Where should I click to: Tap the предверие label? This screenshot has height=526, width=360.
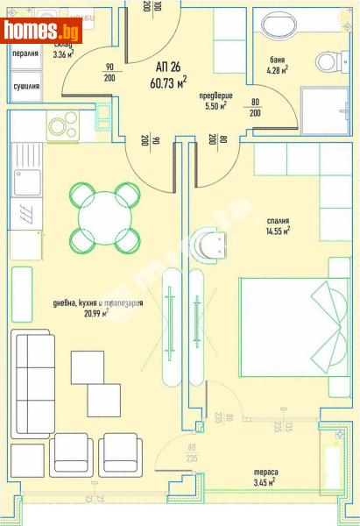click(x=214, y=96)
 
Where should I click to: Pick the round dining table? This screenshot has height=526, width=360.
click(x=104, y=217)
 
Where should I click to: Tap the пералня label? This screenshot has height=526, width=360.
click(x=25, y=53)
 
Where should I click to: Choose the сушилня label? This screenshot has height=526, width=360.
click(x=25, y=87)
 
